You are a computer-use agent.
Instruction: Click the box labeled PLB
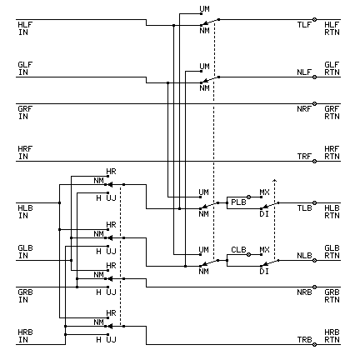[x=238, y=202]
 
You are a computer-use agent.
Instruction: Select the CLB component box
[x=238, y=249]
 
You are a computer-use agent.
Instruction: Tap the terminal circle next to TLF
[x=315, y=24]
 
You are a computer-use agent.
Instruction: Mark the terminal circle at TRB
[x=315, y=342]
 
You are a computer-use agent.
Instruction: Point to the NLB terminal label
[x=304, y=256]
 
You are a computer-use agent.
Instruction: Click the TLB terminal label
[x=304, y=207]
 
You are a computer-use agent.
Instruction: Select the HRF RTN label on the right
[x=332, y=152]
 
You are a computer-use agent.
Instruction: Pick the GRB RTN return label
[x=332, y=295]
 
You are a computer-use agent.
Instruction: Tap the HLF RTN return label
[x=332, y=28]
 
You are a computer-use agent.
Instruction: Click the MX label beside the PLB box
[x=264, y=192]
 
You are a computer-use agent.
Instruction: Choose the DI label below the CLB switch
[x=264, y=271]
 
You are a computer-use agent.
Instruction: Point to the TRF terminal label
[x=304, y=156]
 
